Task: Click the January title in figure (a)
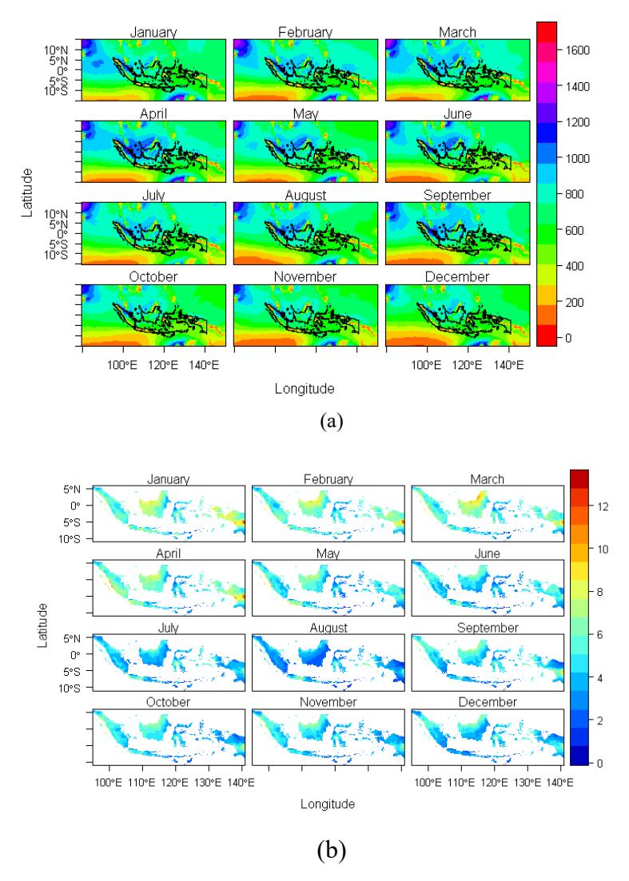153,33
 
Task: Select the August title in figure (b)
328,628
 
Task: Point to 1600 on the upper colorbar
577,50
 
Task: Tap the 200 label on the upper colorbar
574,302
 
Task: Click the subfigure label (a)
331,421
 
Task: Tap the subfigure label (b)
331,851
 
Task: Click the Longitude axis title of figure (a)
305,388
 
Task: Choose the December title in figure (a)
457,277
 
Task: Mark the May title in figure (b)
328,554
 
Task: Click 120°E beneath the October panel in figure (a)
164,366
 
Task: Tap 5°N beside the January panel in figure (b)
71,489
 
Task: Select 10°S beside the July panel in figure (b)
70,689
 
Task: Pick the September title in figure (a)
457,196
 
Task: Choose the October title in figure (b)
168,702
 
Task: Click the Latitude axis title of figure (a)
27,192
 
